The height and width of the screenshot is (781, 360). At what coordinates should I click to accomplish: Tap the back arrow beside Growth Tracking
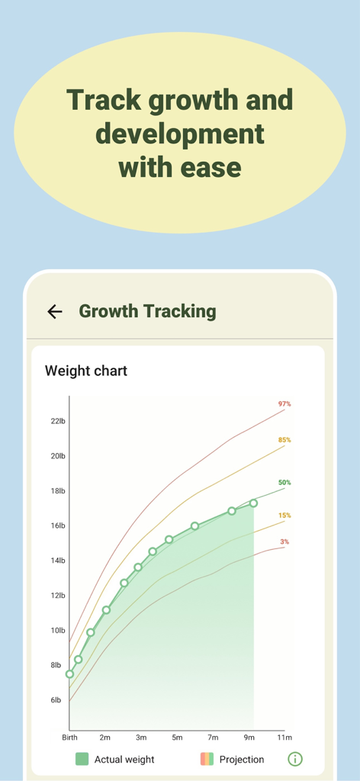coord(54,311)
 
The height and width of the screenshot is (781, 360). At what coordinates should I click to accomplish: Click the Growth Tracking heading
coord(147,311)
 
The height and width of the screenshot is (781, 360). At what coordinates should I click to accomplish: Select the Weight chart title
coord(86,371)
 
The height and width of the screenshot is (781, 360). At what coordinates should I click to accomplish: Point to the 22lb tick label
coord(58,421)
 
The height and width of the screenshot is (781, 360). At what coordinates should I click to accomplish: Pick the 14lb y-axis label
coord(58,561)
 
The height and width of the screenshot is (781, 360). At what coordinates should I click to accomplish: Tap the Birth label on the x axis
coord(69,738)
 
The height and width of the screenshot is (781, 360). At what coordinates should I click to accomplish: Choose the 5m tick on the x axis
coord(177,738)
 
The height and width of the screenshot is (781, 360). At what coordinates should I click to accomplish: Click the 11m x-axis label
coord(284,738)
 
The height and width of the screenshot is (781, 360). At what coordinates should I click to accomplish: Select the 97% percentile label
coord(284,403)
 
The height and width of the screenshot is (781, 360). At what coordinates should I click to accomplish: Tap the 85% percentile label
coord(284,440)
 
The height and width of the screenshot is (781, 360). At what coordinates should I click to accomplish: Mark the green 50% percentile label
coord(284,483)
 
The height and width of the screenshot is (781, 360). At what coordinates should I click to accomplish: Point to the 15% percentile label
coord(284,516)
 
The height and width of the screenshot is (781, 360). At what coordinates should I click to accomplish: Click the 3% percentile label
coord(284,542)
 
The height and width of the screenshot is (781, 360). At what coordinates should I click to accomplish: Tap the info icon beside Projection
coord(295,759)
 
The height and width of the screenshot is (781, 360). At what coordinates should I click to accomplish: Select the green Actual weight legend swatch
coord(82,759)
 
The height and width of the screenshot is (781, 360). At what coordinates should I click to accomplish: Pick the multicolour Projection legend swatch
coord(207,759)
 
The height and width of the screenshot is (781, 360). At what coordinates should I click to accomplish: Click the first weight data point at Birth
coord(70,674)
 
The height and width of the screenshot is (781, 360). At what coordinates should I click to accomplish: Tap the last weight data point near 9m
coord(253,503)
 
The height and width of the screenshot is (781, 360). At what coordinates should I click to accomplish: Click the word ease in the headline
coord(210,167)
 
